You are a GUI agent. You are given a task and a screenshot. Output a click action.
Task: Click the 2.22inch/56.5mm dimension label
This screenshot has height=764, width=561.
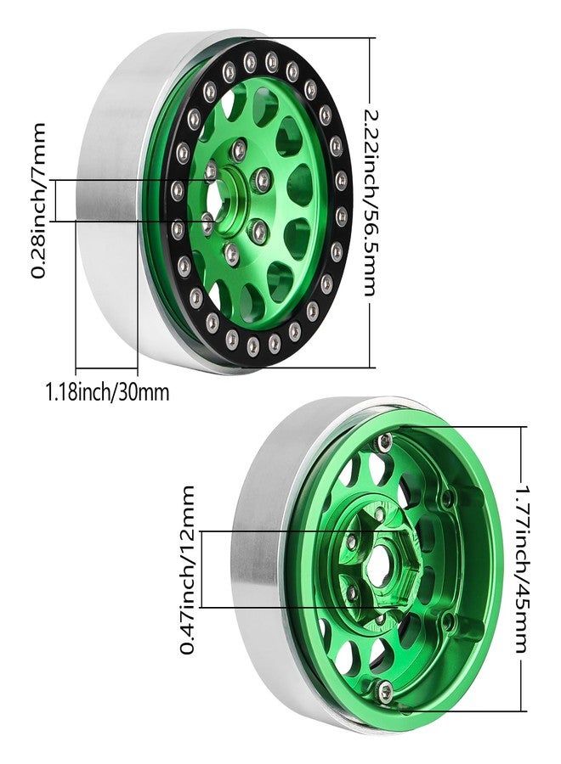coord(371,203)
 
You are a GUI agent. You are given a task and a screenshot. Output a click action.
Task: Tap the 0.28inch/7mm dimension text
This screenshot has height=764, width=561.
coord(38,200)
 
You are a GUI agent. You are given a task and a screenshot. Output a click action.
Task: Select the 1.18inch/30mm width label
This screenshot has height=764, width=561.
coord(107,391)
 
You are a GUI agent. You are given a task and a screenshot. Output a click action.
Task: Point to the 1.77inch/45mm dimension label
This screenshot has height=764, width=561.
coord(523,568)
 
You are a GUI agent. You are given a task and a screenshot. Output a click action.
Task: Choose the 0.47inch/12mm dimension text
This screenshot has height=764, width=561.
coord(187,570)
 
